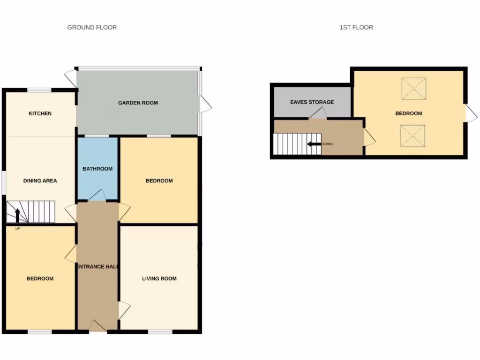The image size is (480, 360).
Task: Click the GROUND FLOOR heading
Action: pyautogui.click(x=92, y=28)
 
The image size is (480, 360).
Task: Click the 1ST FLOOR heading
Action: pyautogui.click(x=356, y=28)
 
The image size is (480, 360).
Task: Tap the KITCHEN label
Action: pyautogui.click(x=40, y=113)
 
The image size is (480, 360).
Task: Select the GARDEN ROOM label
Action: pyautogui.click(x=138, y=103)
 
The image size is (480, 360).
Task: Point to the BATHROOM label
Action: pyautogui.click(x=97, y=169)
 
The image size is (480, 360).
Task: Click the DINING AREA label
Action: pyautogui.click(x=40, y=180)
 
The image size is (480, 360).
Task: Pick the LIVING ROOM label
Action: pyautogui.click(x=159, y=278)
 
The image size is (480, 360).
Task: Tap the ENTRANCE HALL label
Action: pyautogui.click(x=97, y=266)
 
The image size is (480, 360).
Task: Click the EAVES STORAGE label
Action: pyautogui.click(x=312, y=102)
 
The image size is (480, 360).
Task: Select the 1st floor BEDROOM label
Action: pyautogui.click(x=408, y=113)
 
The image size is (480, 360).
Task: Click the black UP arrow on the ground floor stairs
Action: pyautogui.click(x=18, y=215)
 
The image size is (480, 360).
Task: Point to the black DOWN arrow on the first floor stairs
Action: pyautogui.click(x=314, y=144)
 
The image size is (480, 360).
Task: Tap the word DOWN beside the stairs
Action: pyautogui.click(x=327, y=144)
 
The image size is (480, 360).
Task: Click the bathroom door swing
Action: pyautogui.click(x=97, y=195)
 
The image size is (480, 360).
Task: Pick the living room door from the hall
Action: pyautogui.click(x=124, y=310)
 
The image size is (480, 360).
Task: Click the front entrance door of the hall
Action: pyautogui.click(x=97, y=326)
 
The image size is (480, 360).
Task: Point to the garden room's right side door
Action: pyautogui.click(x=205, y=104)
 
